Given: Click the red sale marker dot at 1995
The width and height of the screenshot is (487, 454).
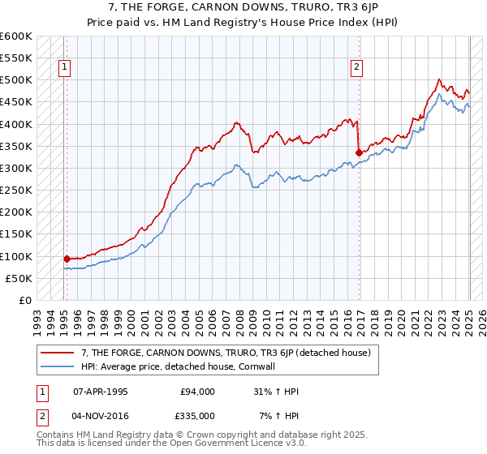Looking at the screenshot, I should pyautogui.click(x=67, y=259).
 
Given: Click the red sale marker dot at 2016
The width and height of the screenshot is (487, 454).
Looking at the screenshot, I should pyautogui.click(x=359, y=152).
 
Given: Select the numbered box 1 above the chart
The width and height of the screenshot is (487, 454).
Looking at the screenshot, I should pyautogui.click(x=64, y=68).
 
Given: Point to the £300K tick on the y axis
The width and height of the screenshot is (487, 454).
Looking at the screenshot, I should pyautogui.click(x=16, y=168).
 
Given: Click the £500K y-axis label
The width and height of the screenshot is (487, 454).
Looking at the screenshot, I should pyautogui.click(x=16, y=80).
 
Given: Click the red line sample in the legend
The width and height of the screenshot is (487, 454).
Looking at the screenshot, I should pyautogui.click(x=58, y=353).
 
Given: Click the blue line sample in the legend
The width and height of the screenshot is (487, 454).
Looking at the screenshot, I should pyautogui.click(x=58, y=366).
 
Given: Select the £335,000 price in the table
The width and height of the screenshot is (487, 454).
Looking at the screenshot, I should pyautogui.click(x=197, y=415).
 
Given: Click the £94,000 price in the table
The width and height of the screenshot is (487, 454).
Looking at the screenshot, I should pyautogui.click(x=197, y=392).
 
